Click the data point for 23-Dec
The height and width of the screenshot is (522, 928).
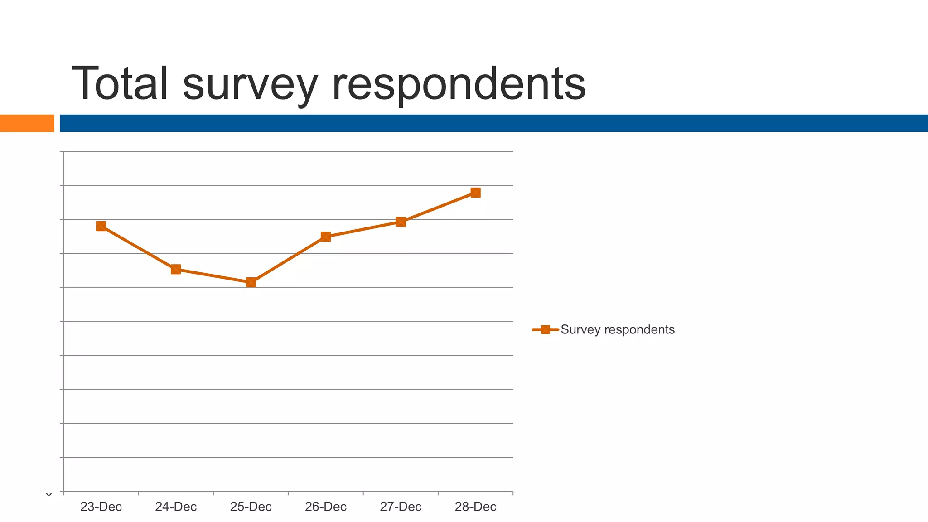[101, 226]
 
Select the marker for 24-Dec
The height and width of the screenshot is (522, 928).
[176, 270]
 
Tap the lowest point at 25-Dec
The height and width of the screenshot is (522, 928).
[251, 282]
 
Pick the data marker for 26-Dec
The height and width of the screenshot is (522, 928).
[326, 237]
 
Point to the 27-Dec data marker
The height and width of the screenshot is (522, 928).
[401, 222]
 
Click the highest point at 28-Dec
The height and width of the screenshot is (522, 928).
[475, 193]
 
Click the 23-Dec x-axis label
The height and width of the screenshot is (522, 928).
[101, 507]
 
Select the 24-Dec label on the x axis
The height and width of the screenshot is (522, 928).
[176, 507]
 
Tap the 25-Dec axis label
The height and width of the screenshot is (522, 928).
[251, 507]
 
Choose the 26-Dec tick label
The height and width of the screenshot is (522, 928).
[326, 507]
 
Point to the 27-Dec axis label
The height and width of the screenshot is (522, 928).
[401, 507]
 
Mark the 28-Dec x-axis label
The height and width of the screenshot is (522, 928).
[475, 507]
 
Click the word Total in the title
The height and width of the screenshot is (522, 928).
[120, 84]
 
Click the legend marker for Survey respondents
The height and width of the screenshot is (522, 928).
[546, 330]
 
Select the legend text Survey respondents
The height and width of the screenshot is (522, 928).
[618, 330]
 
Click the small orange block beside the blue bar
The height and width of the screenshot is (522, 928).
[27, 123]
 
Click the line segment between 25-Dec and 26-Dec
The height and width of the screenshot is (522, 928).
[288, 260]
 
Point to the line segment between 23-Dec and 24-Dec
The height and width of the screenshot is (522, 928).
[138, 248]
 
